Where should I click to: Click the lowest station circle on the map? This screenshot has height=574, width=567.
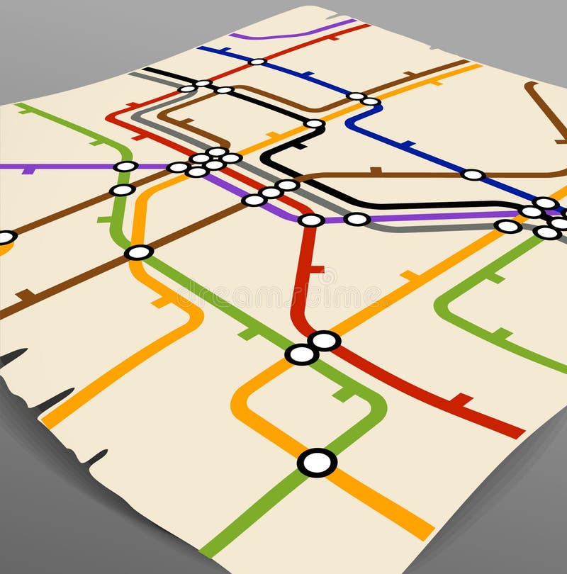point(317,463)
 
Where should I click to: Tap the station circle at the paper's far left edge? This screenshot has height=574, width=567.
point(6,237)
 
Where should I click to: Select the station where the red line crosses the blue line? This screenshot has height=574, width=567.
point(257,62)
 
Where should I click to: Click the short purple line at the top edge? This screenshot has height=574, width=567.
point(291,32)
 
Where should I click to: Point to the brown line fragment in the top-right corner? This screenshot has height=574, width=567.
point(546,110)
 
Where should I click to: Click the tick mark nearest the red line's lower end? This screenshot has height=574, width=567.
point(461,400)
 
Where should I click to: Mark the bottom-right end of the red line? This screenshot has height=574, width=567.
point(521,432)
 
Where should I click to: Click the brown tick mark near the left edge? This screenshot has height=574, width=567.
point(27,295)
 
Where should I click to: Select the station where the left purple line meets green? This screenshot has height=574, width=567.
point(125,167)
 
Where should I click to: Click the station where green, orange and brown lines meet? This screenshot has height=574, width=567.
point(139,252)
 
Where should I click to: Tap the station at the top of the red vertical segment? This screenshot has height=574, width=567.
point(311,220)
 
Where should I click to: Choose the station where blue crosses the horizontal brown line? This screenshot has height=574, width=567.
point(473,174)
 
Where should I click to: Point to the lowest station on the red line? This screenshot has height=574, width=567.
point(325,341)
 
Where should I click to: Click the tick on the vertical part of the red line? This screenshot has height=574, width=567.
point(317,269)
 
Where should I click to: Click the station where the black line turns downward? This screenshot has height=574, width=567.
point(314,123)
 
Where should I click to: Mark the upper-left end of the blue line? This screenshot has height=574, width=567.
point(201,48)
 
